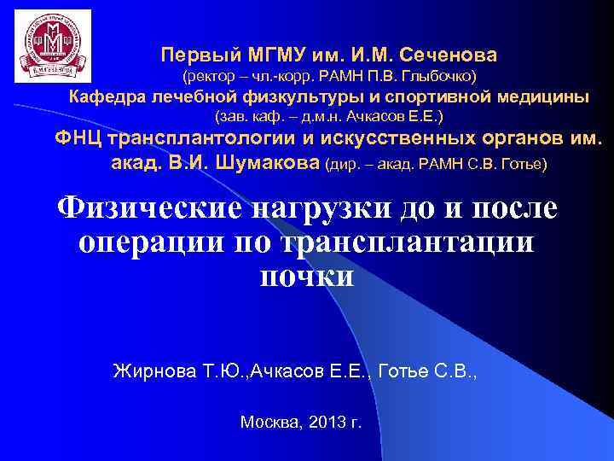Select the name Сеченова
point(449,55)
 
